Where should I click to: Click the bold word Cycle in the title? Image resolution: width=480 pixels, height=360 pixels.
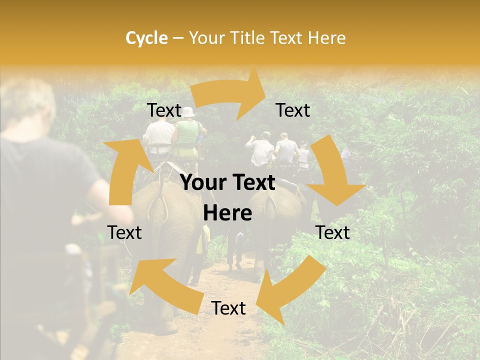[146, 38]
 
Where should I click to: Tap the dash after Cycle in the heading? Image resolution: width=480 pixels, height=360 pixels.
[177, 38]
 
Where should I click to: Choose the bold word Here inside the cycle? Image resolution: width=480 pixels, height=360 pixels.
[227, 213]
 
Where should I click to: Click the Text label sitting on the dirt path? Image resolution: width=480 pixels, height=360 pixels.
[228, 308]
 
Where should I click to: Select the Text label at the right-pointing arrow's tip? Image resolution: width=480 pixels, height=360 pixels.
[293, 110]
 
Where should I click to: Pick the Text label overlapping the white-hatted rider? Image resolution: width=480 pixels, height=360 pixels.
[164, 110]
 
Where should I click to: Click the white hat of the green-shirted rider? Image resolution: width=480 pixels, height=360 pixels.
[188, 112]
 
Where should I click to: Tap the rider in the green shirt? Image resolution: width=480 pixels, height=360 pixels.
[187, 132]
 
